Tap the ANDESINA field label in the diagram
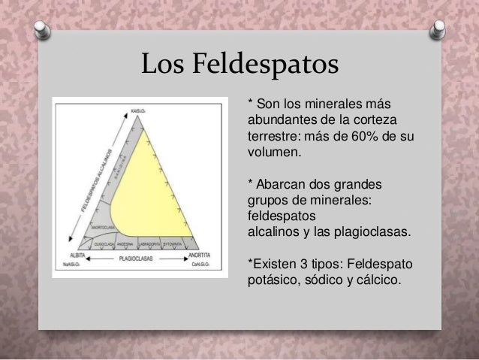tap(123, 244)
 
